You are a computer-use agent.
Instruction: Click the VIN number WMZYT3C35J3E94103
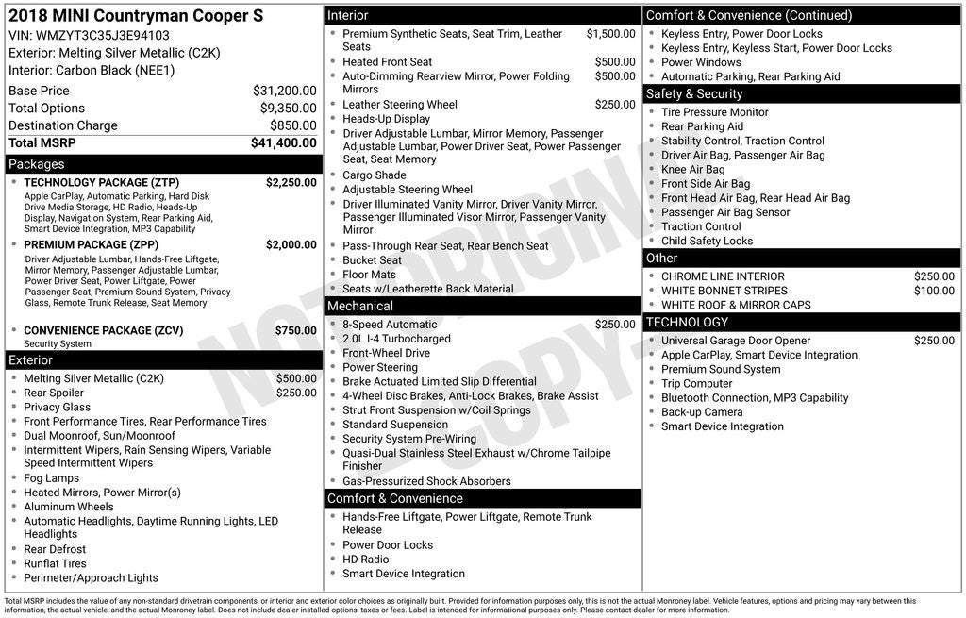pyautogui.click(x=103, y=36)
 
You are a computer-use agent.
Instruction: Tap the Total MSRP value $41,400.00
pyautogui.click(x=283, y=143)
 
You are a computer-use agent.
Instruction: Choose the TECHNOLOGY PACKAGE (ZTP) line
pyautogui.click(x=101, y=182)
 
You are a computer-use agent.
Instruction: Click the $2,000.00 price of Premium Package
pyautogui.click(x=291, y=245)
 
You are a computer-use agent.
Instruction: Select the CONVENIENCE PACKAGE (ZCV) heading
pyautogui.click(x=103, y=331)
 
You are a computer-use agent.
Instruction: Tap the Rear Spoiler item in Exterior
pyautogui.click(x=54, y=393)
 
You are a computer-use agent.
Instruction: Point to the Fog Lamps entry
pyautogui.click(x=51, y=478)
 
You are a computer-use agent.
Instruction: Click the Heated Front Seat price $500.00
pyautogui.click(x=615, y=62)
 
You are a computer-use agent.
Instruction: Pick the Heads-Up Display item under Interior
pyautogui.click(x=386, y=119)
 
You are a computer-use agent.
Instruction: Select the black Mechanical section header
pyautogui.click(x=482, y=306)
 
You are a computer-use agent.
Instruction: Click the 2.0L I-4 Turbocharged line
pyautogui.click(x=396, y=339)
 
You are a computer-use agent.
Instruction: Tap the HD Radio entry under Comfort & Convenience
pyautogui.click(x=365, y=560)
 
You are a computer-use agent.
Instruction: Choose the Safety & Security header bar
pyautogui.click(x=802, y=94)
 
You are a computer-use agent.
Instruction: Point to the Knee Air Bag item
pyautogui.click(x=692, y=170)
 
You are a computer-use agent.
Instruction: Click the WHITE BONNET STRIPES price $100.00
pyautogui.click(x=934, y=291)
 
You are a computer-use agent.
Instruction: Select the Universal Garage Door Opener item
pyautogui.click(x=736, y=341)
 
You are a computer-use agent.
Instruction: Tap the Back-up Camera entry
pyautogui.click(x=702, y=412)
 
